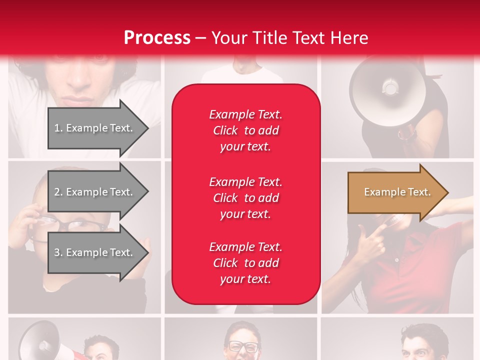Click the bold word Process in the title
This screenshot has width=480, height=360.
click(157, 38)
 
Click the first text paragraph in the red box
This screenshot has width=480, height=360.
click(245, 130)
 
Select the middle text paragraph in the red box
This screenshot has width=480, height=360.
click(245, 198)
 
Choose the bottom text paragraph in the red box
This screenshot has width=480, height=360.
click(245, 263)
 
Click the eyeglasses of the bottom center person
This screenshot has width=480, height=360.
click(243, 346)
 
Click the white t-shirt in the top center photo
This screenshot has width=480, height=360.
click(241, 75)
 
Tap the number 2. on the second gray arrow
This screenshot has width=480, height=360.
click(58, 192)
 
